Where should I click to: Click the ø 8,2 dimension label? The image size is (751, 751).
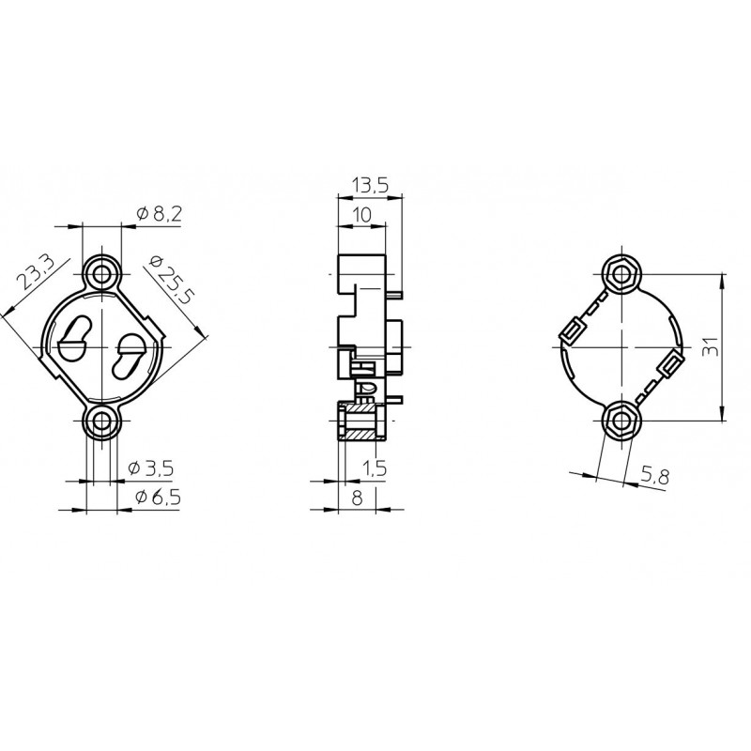tap(159, 213)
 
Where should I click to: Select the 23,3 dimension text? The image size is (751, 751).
tap(36, 272)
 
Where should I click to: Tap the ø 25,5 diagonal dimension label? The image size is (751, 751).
tap(170, 279)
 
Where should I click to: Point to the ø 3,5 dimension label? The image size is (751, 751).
tap(151, 467)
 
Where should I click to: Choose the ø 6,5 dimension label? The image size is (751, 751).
tap(158, 498)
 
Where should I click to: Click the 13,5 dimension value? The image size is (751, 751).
tap(370, 185)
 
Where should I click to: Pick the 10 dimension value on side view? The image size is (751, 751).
tap(361, 215)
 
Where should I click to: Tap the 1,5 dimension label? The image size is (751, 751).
tap(374, 467)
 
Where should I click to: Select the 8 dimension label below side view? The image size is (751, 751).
tap(357, 498)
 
